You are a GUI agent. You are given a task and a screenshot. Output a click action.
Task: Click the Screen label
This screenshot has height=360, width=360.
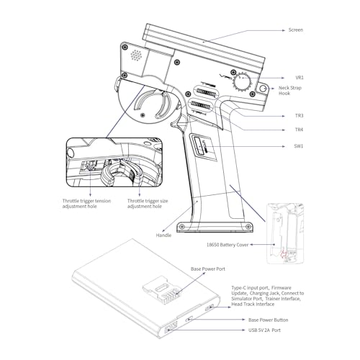point(296,30)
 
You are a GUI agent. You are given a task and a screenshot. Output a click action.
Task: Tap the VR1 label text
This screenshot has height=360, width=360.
point(300,78)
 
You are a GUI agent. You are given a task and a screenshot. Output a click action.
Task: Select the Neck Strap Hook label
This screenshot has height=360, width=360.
point(290,91)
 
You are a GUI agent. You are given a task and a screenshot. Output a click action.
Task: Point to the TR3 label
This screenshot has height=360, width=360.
point(300,116)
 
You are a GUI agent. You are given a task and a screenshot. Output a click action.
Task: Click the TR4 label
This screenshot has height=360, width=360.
point(299,130)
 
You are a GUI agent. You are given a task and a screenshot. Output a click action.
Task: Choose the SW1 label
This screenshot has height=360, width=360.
point(299,146)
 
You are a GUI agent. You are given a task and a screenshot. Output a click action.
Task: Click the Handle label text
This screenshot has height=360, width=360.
point(163,235)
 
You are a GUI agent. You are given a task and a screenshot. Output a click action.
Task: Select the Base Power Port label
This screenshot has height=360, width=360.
point(208,269)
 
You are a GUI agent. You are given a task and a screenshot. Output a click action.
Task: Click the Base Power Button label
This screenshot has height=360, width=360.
point(269,320)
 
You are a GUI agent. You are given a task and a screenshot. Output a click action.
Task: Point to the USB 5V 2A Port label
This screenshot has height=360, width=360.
point(264,330)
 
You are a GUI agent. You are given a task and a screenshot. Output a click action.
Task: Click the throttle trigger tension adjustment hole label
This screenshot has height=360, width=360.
point(86,204)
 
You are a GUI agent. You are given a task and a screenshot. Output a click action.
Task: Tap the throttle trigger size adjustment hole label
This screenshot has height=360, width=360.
point(148,204)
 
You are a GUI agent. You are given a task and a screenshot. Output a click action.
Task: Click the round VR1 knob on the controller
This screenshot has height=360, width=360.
point(242,81)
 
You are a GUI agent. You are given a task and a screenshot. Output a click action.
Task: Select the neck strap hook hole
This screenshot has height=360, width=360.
point(263,89)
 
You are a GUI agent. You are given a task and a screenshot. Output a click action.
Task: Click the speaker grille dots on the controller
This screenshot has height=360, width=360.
point(136,55)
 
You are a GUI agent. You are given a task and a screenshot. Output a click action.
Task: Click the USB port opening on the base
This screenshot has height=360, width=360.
point(171,327)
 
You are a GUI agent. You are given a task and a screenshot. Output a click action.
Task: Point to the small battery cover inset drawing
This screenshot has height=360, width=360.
point(285,233)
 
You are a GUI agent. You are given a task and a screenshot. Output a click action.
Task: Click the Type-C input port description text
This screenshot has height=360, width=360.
point(267,296)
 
